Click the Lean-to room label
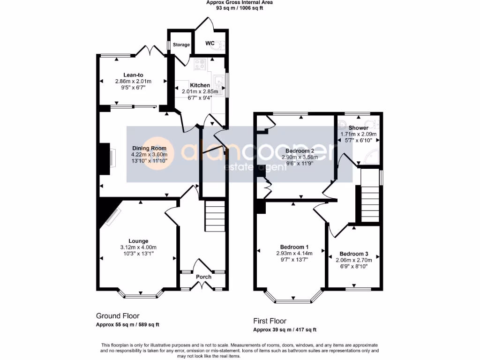click(x=133, y=75)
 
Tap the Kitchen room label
click(x=200, y=85)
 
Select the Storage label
click(x=181, y=45)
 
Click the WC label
click(x=210, y=44)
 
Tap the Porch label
click(x=203, y=277)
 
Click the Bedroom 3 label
click(x=354, y=253)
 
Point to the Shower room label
click(x=358, y=128)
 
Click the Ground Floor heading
click(x=118, y=316)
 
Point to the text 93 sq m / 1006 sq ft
click(x=240, y=8)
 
